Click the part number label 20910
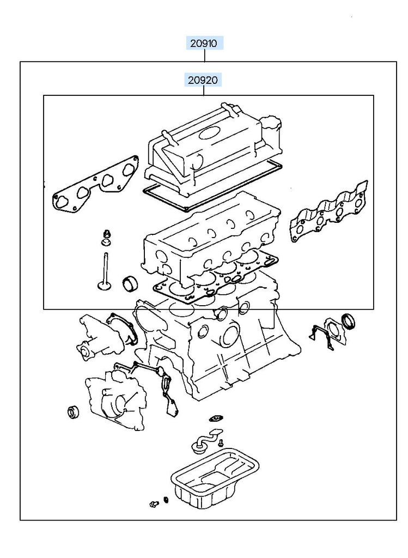[x=204, y=44]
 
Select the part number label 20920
[x=203, y=80]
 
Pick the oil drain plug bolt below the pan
[x=154, y=504]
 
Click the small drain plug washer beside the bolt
[x=166, y=500]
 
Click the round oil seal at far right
[x=349, y=321]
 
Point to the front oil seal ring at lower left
[x=74, y=412]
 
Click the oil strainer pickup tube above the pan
[x=207, y=440]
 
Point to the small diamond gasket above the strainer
[x=215, y=417]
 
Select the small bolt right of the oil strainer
[x=221, y=443]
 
